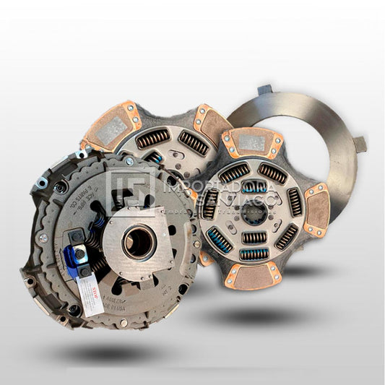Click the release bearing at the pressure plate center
pyautogui.click(x=138, y=243)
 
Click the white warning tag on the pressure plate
pyautogui.click(x=91, y=298)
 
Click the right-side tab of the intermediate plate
pyautogui.click(x=359, y=144)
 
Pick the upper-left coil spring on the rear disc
pyautogui.click(x=152, y=137)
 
